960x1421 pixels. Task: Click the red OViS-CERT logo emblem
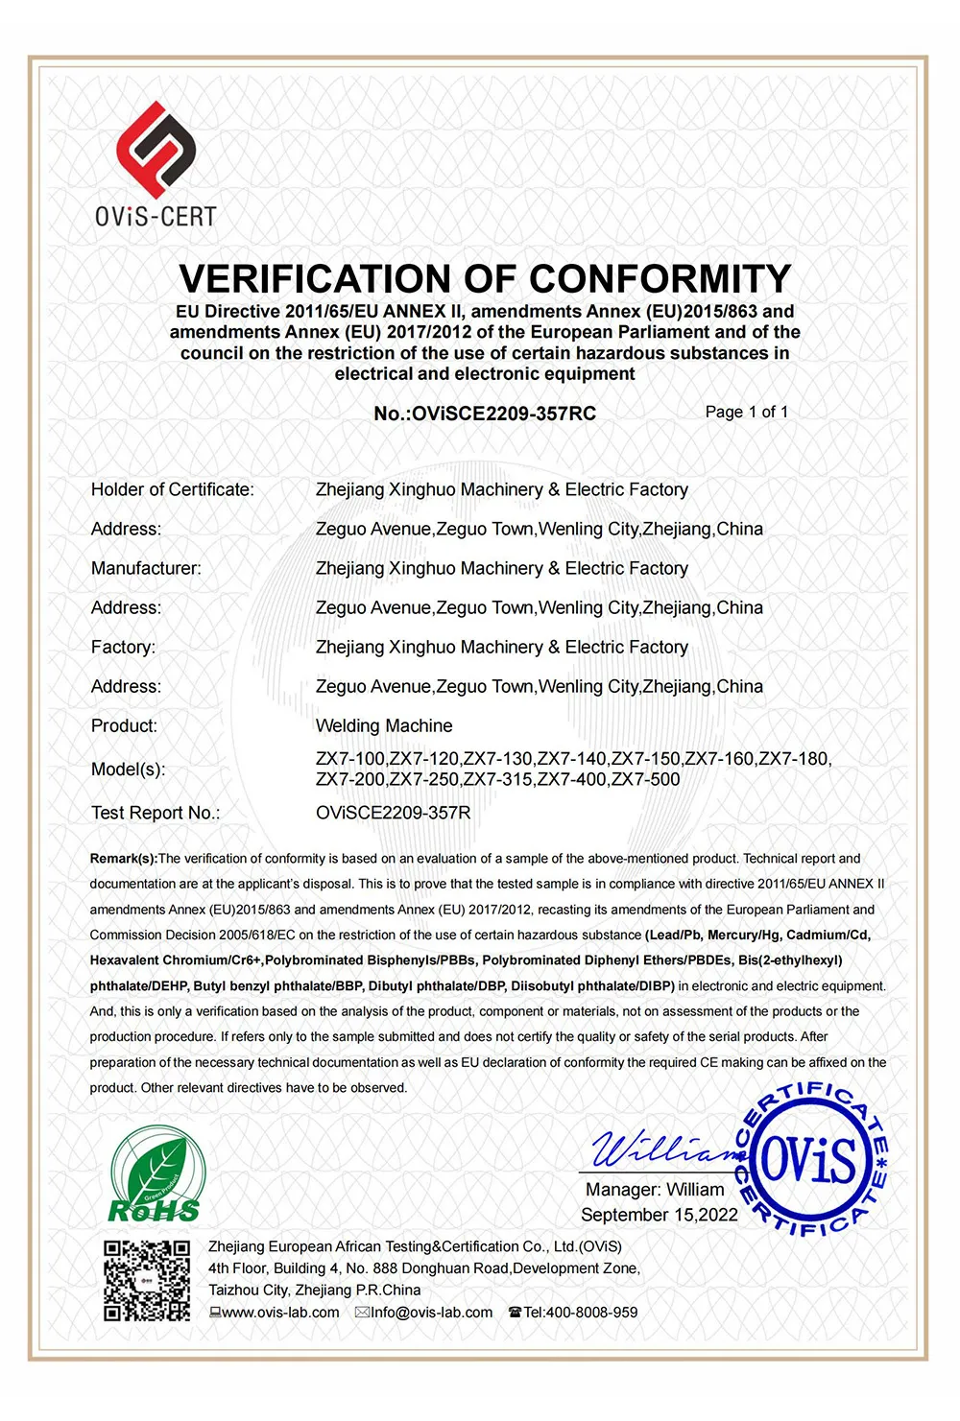pos(156,150)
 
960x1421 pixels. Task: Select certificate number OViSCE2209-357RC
pos(485,414)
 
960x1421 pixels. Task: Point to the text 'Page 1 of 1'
pos(746,412)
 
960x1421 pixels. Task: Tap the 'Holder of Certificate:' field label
pos(173,489)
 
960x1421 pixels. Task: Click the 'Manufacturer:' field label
pos(146,568)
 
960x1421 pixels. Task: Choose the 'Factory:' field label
pos(123,647)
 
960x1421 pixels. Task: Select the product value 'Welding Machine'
pos(384,725)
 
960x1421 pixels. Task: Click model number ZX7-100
pos(350,759)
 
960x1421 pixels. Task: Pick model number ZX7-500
pos(646,779)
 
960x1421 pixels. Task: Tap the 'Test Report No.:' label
pos(156,813)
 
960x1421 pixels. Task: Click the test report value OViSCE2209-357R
pos(393,813)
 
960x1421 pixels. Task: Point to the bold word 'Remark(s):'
pos(123,859)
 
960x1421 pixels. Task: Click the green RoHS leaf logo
pos(156,1175)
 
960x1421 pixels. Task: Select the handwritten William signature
pos(662,1147)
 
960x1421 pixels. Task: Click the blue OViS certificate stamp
pos(808,1159)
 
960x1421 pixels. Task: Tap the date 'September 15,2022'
pos(659,1215)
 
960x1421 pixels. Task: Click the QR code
pos(147,1280)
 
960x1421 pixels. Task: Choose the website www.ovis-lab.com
pos(279,1313)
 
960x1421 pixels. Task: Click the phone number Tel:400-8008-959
pos(579,1313)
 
